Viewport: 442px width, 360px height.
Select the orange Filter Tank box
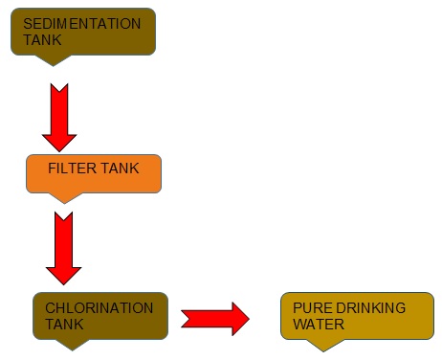click(x=93, y=172)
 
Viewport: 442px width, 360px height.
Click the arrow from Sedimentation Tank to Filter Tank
click(x=59, y=115)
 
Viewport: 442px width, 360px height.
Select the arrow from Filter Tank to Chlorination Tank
click(x=64, y=247)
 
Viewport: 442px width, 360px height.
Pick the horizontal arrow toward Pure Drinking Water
click(x=215, y=316)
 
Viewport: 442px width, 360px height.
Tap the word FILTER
click(x=70, y=169)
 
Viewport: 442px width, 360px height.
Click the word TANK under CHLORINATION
click(x=64, y=325)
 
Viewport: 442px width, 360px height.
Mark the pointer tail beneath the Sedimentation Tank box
click(x=55, y=59)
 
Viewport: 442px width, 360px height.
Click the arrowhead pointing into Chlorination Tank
click(x=64, y=271)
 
